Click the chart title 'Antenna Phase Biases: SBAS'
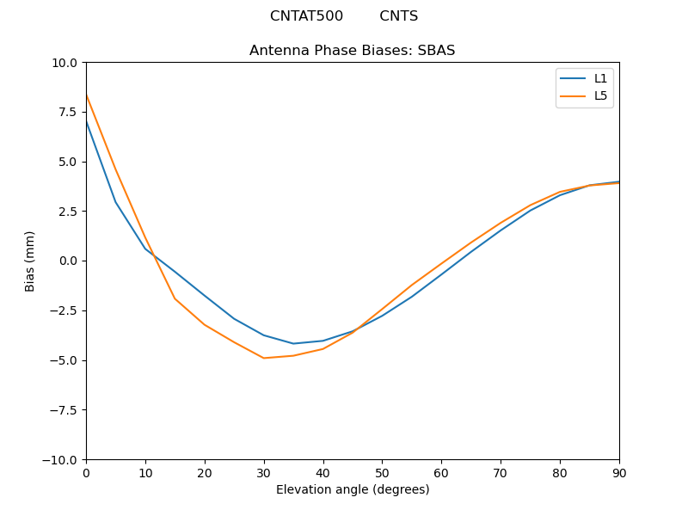pos(352,51)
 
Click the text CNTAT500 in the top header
pos(306,16)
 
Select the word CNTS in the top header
pos(398,16)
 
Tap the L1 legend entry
pos(599,78)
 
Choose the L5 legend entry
pos(599,95)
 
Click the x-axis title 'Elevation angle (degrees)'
pos(352,490)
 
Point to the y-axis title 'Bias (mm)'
pos(30,261)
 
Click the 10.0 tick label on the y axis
pos(65,63)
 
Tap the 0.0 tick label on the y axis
pos(69,261)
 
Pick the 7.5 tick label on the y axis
pos(69,112)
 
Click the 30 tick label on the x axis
pos(264,472)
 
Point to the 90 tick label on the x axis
pos(618,472)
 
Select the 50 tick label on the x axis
pos(382,472)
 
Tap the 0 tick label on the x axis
pos(86,472)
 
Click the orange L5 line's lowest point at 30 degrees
pos(264,358)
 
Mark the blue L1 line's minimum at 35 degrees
pos(293,344)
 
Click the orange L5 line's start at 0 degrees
pos(86,95)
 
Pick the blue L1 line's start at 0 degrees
pos(86,121)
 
